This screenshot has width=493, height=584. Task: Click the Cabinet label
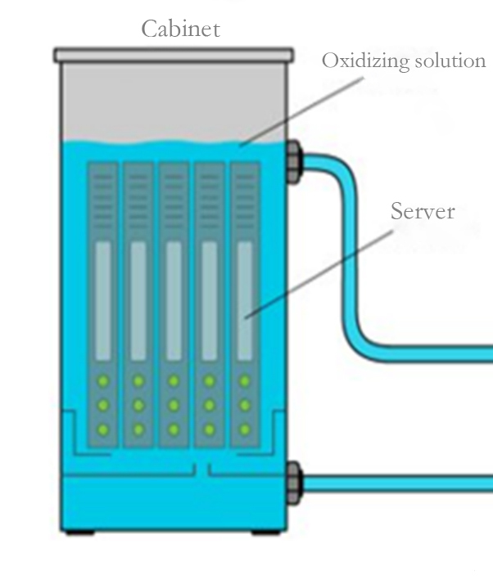click(180, 29)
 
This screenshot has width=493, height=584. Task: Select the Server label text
click(422, 211)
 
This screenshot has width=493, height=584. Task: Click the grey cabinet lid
click(174, 55)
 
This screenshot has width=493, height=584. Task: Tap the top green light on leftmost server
click(102, 380)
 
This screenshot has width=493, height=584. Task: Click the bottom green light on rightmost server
click(245, 429)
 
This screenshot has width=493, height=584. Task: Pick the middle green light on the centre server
click(174, 405)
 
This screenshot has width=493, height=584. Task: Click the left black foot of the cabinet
click(78, 532)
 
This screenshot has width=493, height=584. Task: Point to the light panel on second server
click(138, 300)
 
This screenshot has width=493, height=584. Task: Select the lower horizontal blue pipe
click(393, 483)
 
